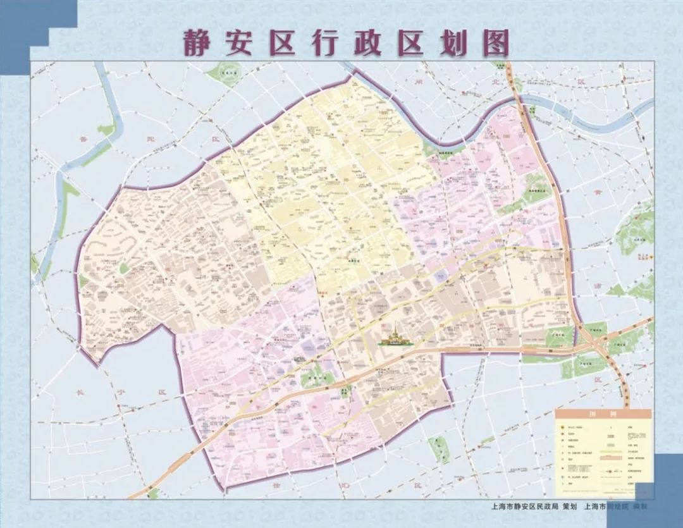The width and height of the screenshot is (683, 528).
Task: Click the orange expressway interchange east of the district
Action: point(597,341)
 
